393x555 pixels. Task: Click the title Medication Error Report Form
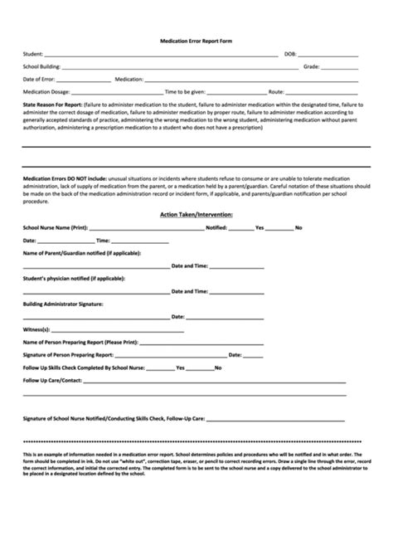click(196, 41)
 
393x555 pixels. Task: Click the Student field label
click(35, 55)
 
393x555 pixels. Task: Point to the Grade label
click(312, 67)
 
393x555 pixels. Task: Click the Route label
click(276, 92)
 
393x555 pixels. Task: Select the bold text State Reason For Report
click(54, 105)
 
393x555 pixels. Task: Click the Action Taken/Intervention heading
click(196, 214)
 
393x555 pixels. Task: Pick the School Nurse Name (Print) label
click(55, 226)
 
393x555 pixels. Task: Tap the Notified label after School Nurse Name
click(216, 226)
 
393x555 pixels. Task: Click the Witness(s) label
click(36, 329)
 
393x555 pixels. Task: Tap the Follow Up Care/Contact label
click(53, 380)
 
